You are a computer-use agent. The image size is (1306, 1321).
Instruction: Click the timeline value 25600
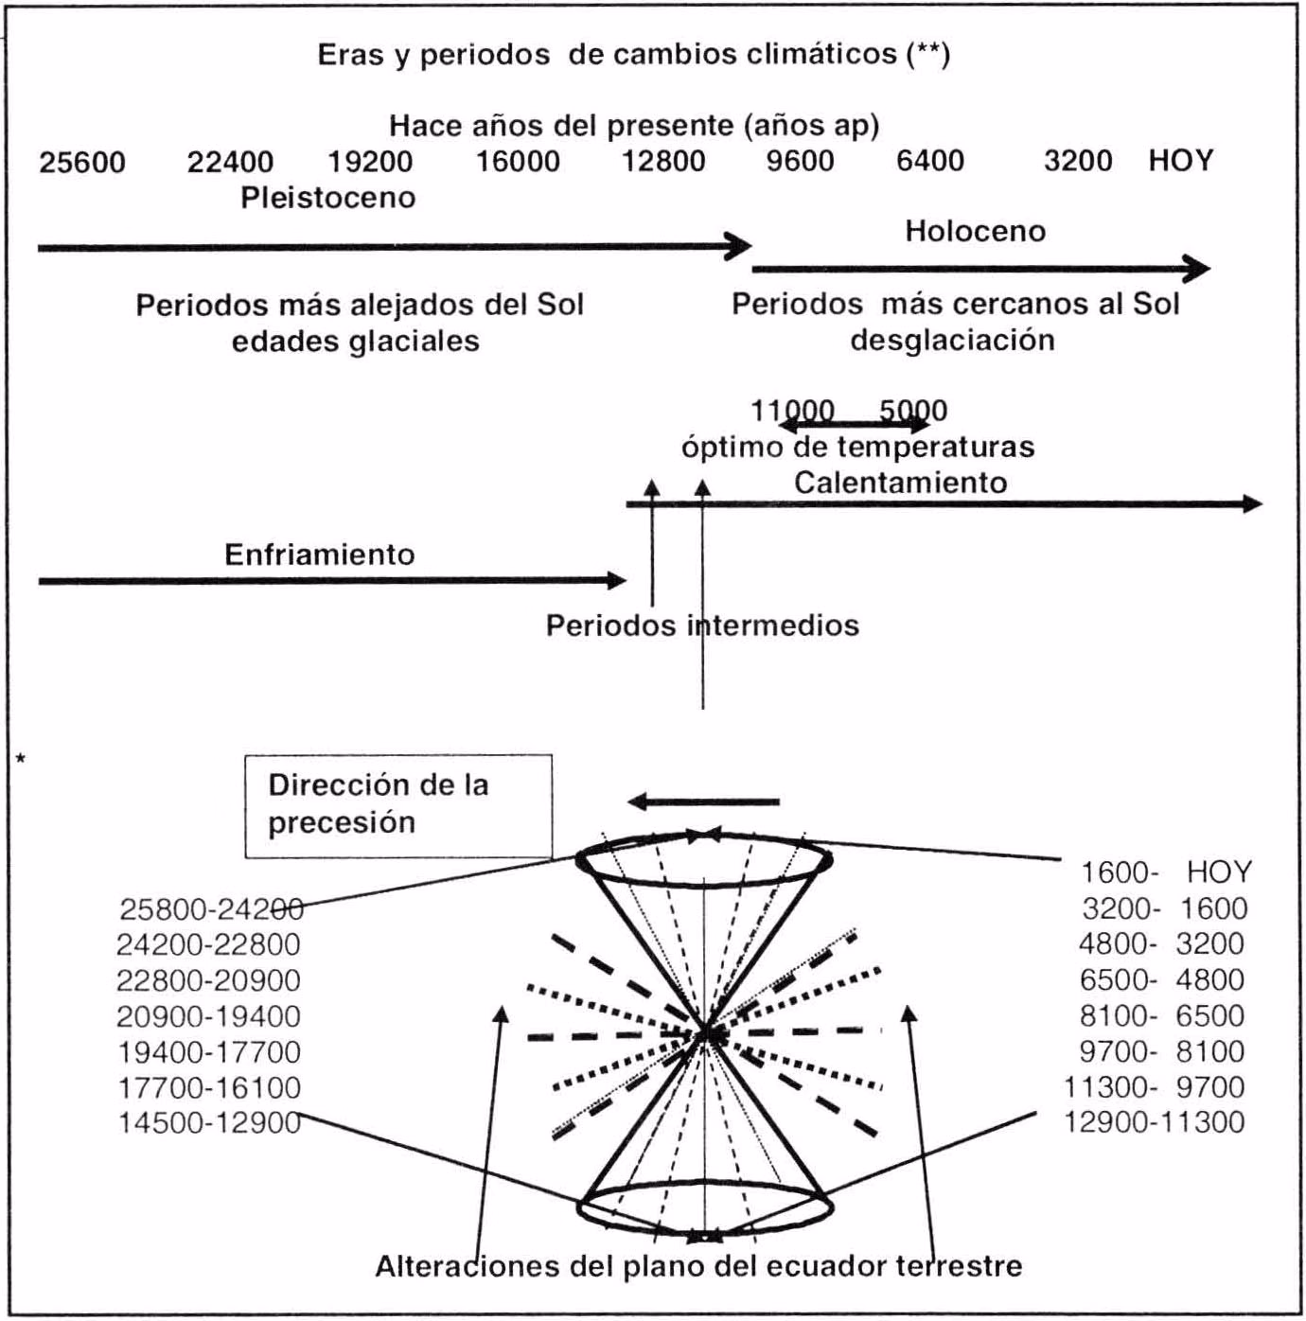[x=82, y=162]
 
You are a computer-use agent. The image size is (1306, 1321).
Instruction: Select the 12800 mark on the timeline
[x=663, y=161]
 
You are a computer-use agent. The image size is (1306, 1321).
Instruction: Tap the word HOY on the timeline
[x=1180, y=161]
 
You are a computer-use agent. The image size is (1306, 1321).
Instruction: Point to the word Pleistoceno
[x=328, y=198]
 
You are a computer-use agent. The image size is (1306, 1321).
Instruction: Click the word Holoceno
[x=975, y=231]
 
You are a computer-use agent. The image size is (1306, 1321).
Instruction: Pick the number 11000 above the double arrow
[x=792, y=411]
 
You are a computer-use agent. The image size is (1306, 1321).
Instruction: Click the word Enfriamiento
[x=320, y=554]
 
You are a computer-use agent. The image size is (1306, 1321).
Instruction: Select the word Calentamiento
[x=900, y=483]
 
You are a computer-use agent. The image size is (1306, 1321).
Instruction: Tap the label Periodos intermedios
[x=702, y=625]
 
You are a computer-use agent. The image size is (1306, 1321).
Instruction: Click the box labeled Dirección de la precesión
[x=398, y=805]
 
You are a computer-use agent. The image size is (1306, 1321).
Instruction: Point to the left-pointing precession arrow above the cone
[x=704, y=802]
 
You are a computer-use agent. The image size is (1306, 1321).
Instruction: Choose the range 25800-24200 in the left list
[x=210, y=909]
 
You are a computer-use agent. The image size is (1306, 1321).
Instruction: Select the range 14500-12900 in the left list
[x=209, y=1123]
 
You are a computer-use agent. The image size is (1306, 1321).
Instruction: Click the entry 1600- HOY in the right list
[x=1166, y=872]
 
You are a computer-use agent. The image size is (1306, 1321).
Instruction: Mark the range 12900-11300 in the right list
[x=1155, y=1122]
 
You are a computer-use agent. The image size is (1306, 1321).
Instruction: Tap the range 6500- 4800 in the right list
[x=1162, y=979]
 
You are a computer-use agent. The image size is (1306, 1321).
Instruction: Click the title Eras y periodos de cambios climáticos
[x=633, y=54]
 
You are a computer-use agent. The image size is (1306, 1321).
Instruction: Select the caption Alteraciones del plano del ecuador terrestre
[x=698, y=1266]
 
